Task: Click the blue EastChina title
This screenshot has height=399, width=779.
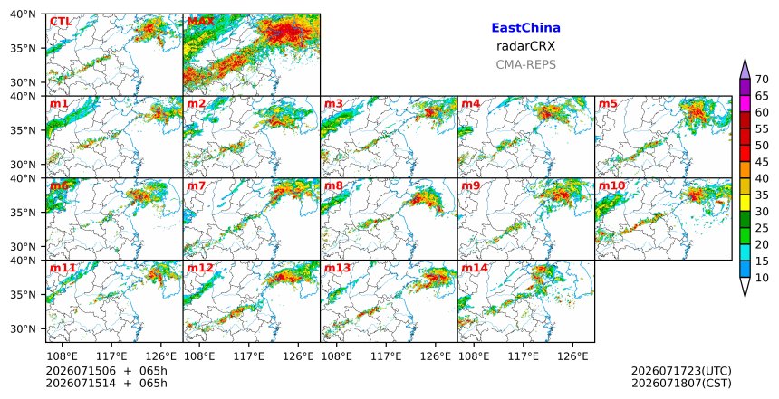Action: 525,28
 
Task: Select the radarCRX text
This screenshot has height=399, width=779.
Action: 525,46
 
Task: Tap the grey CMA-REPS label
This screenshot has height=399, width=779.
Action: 525,64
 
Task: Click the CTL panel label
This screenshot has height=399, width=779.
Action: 61,22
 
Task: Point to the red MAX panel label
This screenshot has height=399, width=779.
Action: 201,22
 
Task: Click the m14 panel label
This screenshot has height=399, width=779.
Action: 475,268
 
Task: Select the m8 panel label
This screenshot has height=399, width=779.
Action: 334,185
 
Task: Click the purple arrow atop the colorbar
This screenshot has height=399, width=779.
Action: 745,69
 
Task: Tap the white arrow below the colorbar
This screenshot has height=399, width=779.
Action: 745,287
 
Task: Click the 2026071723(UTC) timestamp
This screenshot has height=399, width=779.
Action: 681,371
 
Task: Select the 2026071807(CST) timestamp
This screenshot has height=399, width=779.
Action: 681,383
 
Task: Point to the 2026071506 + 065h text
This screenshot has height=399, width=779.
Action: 106,371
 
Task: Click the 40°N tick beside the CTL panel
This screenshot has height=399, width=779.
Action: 23,14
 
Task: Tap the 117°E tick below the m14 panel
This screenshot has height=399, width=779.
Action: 524,356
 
